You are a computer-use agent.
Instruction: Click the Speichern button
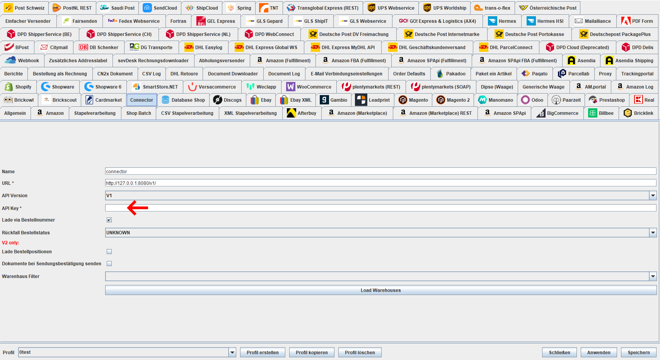[638, 352]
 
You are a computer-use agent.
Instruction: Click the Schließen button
[559, 352]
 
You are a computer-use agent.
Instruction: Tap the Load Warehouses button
[381, 290]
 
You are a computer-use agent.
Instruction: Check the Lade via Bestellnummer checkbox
[109, 220]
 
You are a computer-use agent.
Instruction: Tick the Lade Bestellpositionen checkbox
[109, 252]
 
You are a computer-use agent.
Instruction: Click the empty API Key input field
[381, 208]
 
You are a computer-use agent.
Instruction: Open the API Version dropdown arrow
[653, 195]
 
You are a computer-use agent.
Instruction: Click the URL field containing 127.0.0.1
[381, 183]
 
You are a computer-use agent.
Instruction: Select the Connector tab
[142, 100]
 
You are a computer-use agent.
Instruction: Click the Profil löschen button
[360, 352]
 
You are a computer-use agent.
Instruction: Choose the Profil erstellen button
[263, 352]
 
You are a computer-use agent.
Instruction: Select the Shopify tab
[18, 87]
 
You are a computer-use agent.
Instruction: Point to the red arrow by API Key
[138, 208]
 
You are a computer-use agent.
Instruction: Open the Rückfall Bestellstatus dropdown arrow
[653, 232]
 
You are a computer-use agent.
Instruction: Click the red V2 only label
[10, 243]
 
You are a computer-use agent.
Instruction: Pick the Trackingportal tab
[637, 73]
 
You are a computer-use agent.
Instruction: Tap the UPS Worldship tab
[445, 8]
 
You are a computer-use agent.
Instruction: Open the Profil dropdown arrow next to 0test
[232, 352]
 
